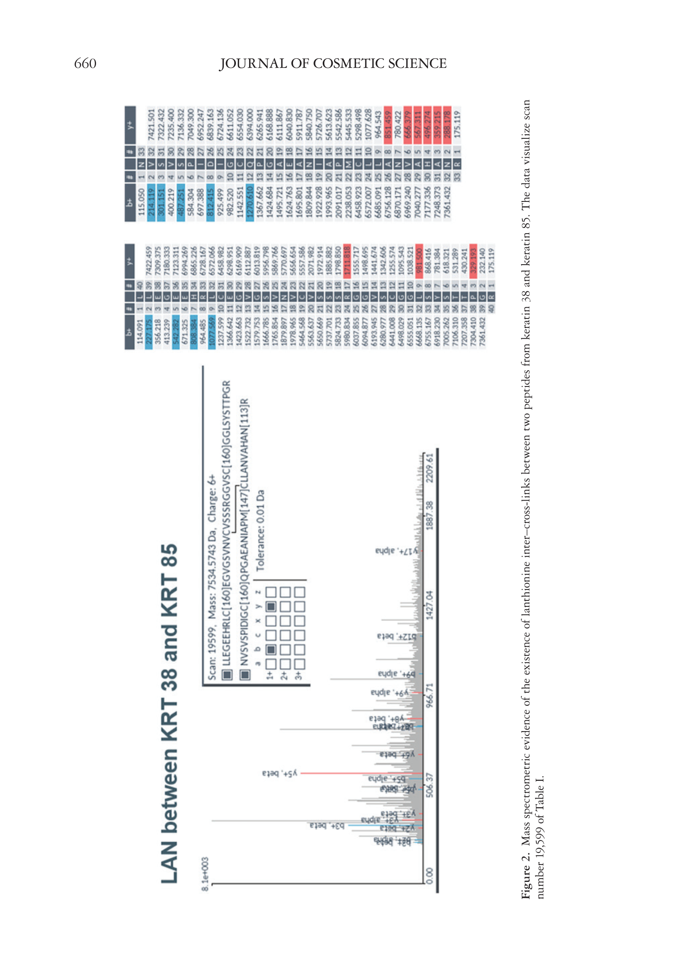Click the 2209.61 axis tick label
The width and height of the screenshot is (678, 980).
click(x=430, y=468)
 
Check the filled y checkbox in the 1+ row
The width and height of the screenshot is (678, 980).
click(x=271, y=606)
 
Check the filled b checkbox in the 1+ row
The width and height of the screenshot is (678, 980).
click(x=271, y=649)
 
